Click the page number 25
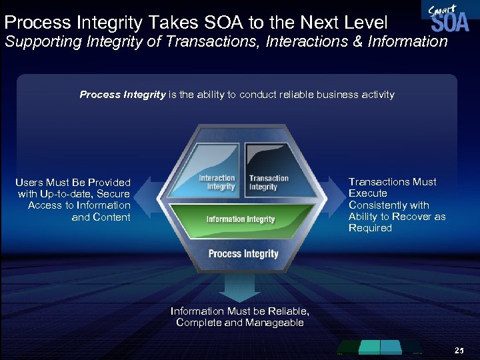coord(459,350)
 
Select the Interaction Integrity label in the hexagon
coord(217,182)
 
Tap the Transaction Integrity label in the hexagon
coord(268,182)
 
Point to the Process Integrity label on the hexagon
coord(243,254)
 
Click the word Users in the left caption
coord(29,182)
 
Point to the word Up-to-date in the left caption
coord(70,194)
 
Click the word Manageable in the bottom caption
coord(273,323)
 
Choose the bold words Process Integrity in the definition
coord(122,95)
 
